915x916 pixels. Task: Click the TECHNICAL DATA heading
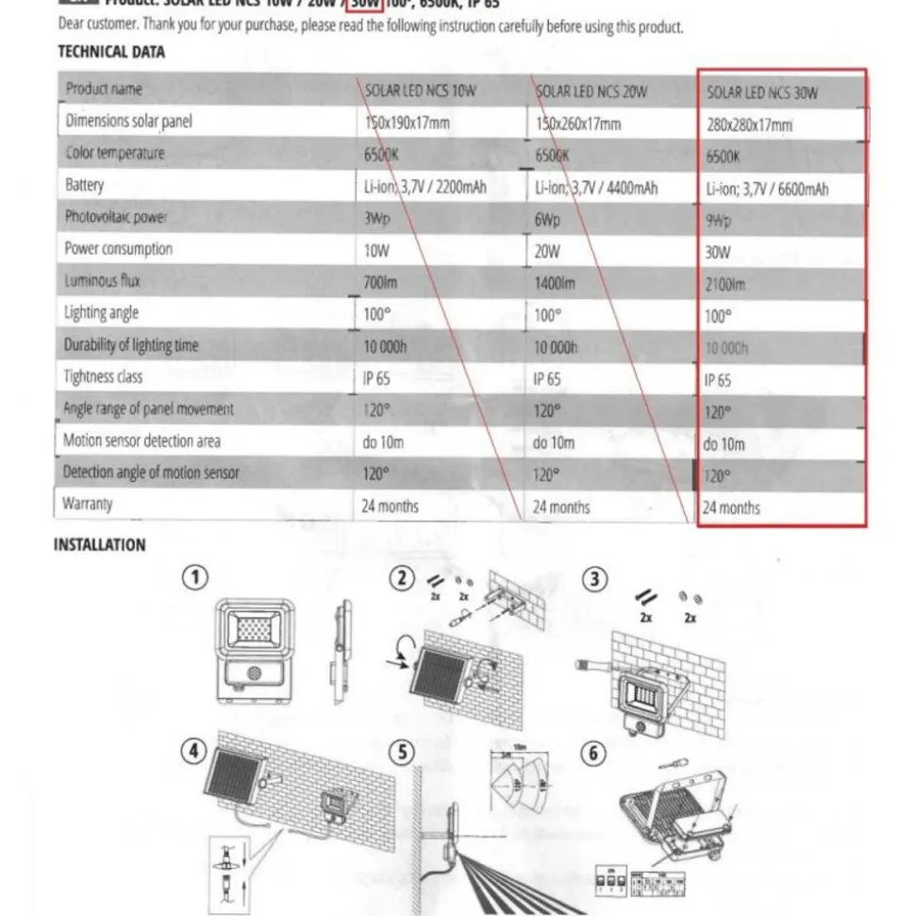pos(111,52)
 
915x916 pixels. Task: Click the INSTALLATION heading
pos(99,545)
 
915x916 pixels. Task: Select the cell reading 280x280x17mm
pos(749,125)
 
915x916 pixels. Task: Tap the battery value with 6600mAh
pos(767,189)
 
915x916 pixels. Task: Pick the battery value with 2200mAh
pos(424,187)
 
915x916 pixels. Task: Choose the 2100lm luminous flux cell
pos(725,284)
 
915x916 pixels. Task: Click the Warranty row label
pos(88,504)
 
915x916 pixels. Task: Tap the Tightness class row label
pos(103,376)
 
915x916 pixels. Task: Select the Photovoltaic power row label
pos(115,217)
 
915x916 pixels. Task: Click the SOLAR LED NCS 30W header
pos(762,92)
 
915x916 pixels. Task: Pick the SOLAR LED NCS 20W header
pos(591,92)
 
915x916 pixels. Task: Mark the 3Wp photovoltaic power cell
pos(376,219)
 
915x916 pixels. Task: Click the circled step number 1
pos(194,577)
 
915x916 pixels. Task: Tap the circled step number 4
pos(194,751)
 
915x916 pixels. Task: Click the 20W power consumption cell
pos(546,252)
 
